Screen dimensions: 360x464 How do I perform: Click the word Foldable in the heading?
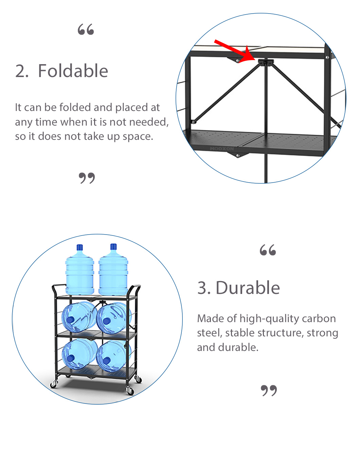[x=73, y=71]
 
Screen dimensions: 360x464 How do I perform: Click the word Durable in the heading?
[x=248, y=287]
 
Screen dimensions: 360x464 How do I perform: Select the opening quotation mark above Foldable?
[x=86, y=29]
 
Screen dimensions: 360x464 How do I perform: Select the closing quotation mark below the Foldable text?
[x=87, y=178]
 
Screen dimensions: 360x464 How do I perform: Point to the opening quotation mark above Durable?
[x=268, y=250]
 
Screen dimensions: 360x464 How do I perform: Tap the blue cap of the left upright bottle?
[x=79, y=247]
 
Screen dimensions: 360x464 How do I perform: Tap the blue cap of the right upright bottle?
[x=113, y=247]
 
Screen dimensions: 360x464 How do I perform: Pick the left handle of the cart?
[x=58, y=288]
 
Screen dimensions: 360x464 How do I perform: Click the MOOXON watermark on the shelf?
[x=222, y=149]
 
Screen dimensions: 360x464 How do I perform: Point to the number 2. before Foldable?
[x=22, y=71]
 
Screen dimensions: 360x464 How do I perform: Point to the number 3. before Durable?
[x=204, y=288]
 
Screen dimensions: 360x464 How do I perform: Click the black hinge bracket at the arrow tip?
[x=266, y=62]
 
